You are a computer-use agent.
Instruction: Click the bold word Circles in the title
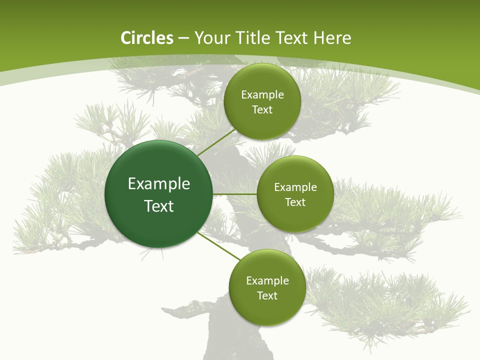tap(147, 38)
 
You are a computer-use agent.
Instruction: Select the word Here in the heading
tap(332, 38)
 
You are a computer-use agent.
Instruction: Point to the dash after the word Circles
tap(183, 38)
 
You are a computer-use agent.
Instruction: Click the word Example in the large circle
tap(159, 184)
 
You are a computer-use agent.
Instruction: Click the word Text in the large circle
tap(159, 206)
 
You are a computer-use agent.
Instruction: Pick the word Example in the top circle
tap(262, 95)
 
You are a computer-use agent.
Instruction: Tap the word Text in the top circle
tap(262, 110)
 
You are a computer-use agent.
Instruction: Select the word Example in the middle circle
tap(295, 187)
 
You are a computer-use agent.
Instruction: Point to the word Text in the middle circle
tap(295, 202)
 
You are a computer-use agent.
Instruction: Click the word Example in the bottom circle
tap(267, 281)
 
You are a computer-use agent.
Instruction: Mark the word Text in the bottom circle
tap(267, 296)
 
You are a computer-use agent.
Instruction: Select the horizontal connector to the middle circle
tap(234, 194)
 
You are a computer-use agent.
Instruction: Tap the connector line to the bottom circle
tap(219, 246)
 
